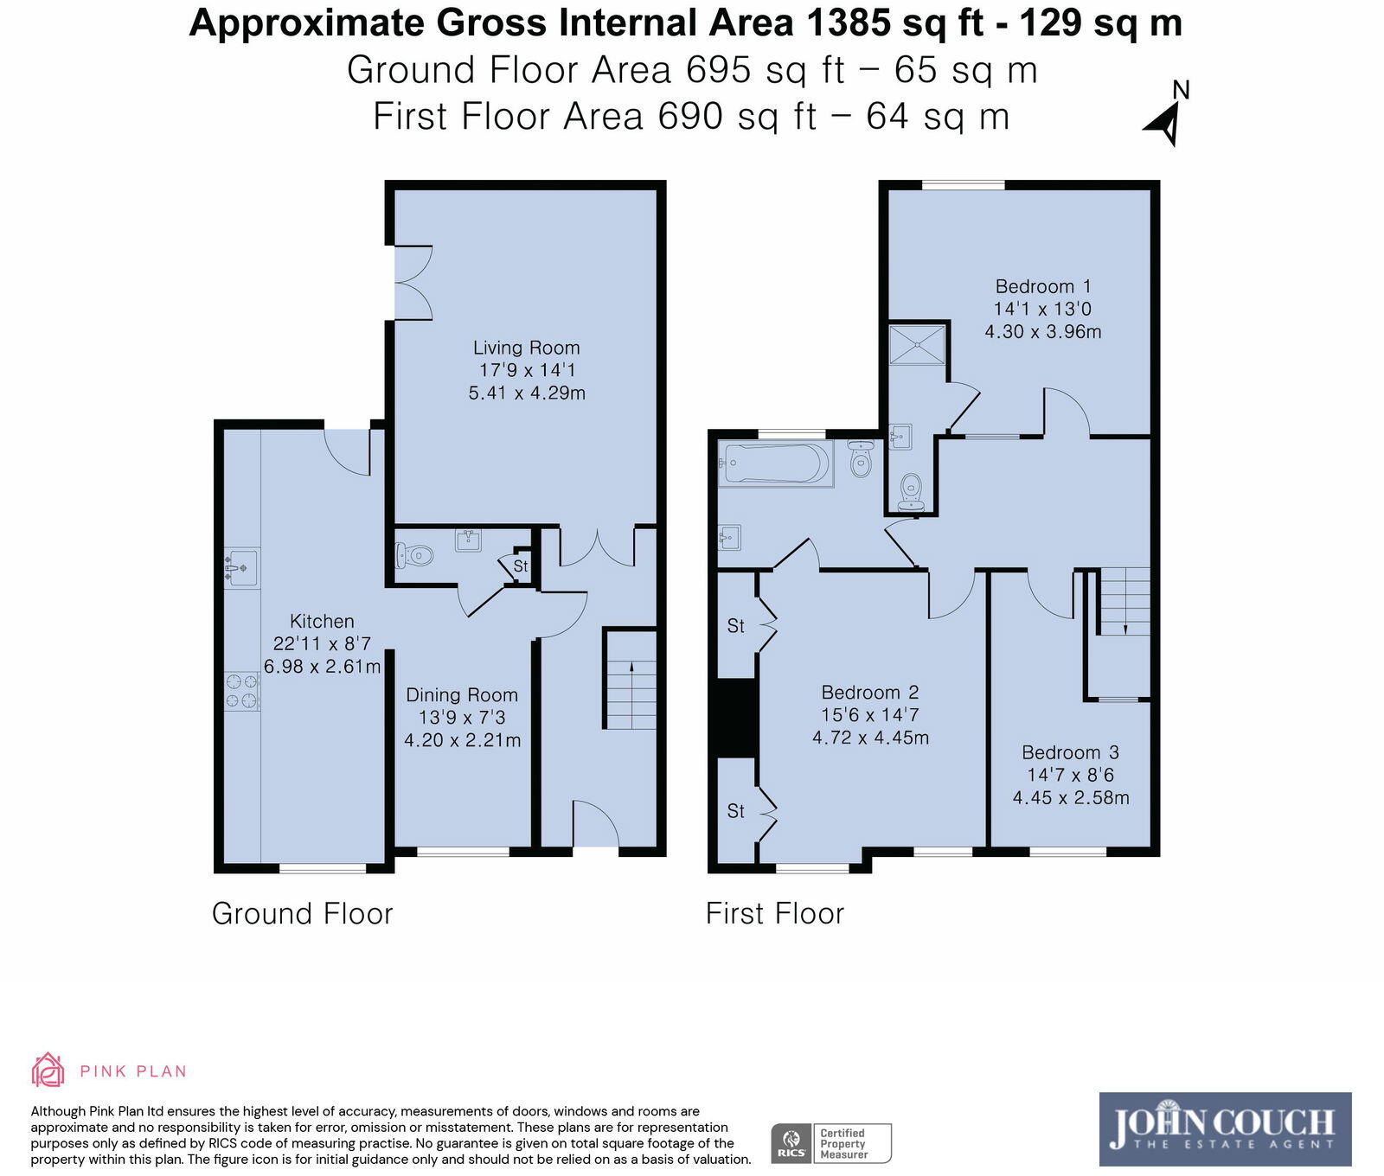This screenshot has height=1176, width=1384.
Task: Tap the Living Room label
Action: tap(526, 348)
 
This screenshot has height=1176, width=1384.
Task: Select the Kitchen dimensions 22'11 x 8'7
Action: tap(322, 643)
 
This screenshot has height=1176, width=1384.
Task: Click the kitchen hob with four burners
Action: tap(242, 692)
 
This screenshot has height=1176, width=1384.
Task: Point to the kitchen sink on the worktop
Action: tap(242, 567)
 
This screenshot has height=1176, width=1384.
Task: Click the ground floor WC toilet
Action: tap(414, 554)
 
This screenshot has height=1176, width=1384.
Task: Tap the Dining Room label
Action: tap(462, 695)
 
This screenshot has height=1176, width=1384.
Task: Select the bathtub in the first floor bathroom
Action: tap(775, 463)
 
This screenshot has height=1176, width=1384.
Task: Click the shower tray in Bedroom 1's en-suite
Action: tap(918, 343)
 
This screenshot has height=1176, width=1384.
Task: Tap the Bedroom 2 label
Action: tap(869, 693)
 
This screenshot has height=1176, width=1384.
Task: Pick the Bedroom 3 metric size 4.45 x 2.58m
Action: tap(1071, 798)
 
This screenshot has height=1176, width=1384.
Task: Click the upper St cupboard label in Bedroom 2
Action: tap(735, 625)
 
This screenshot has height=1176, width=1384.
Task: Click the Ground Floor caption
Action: tap(302, 914)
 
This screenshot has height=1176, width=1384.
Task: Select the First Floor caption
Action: tap(774, 914)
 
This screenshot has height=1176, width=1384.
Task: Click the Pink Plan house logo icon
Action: tap(48, 1071)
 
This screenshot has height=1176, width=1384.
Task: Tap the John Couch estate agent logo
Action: tap(1224, 1128)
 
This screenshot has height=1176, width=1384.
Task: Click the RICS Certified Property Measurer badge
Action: tap(830, 1143)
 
